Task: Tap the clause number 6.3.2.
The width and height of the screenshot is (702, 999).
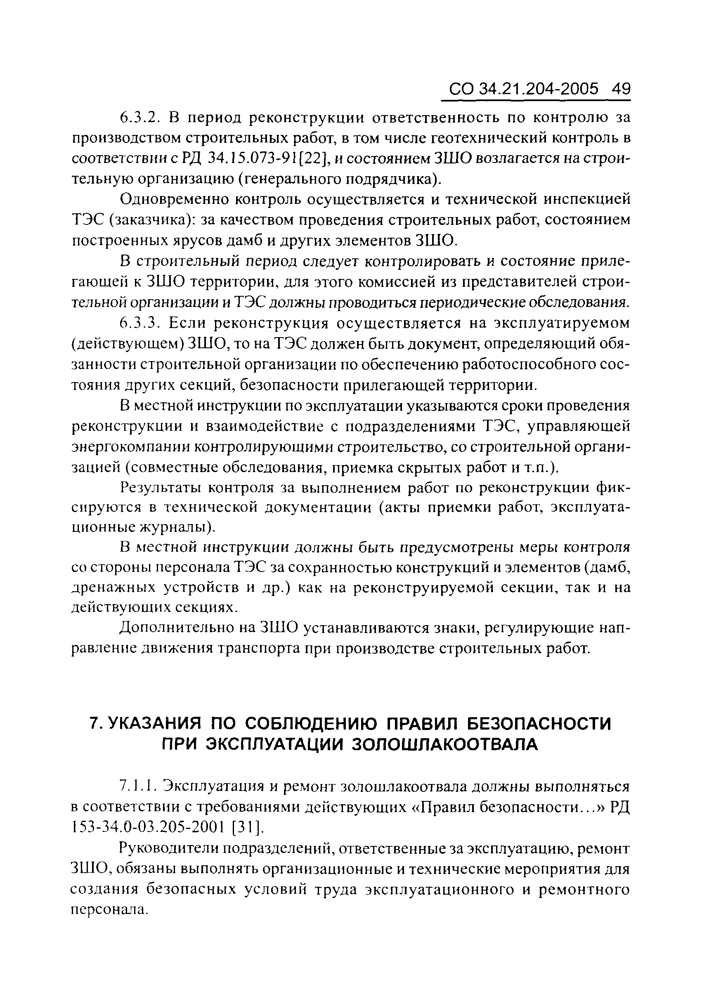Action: (140, 118)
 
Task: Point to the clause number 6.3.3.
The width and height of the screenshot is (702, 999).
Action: (140, 323)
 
